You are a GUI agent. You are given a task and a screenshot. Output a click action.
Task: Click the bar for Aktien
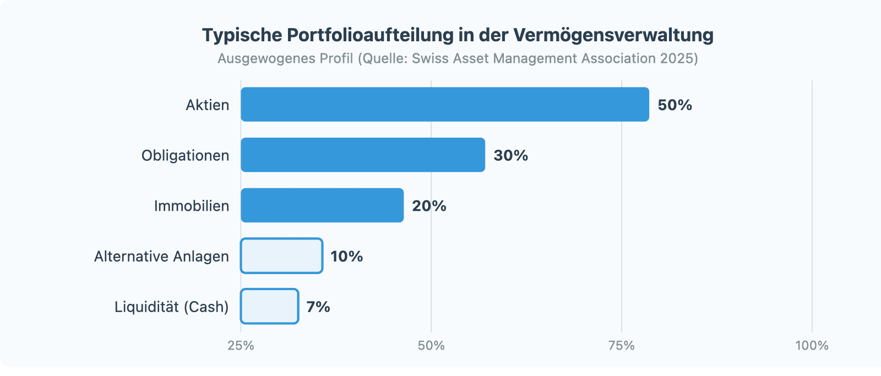pyautogui.click(x=445, y=104)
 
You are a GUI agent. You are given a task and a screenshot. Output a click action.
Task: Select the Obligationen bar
pyautogui.click(x=363, y=155)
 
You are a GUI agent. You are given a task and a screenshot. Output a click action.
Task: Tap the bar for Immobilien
pyautogui.click(x=322, y=205)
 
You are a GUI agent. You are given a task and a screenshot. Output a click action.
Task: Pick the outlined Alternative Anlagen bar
pyautogui.click(x=281, y=256)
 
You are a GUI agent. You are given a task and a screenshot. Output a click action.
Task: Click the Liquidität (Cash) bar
pyautogui.click(x=269, y=307)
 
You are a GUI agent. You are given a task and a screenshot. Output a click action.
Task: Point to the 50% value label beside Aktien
pyautogui.click(x=675, y=105)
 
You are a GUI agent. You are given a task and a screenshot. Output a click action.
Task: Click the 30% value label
pyautogui.click(x=510, y=156)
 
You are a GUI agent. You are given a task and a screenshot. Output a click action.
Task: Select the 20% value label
pyautogui.click(x=429, y=206)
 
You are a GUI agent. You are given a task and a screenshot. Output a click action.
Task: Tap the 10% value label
pyautogui.click(x=346, y=257)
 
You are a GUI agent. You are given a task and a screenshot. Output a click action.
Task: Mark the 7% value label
pyautogui.click(x=318, y=307)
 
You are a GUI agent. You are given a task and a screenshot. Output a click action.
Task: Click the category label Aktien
pyautogui.click(x=207, y=105)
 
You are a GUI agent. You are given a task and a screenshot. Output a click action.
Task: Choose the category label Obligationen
pyautogui.click(x=185, y=156)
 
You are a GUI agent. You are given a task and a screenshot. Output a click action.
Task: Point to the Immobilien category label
pyautogui.click(x=191, y=206)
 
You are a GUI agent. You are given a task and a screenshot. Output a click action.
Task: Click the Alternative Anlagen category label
pyautogui.click(x=161, y=257)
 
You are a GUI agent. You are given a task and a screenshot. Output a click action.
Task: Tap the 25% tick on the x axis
pyautogui.click(x=241, y=346)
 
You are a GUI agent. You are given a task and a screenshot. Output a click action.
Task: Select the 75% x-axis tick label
pyautogui.click(x=621, y=346)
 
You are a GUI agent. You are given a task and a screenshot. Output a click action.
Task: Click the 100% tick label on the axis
pyautogui.click(x=812, y=346)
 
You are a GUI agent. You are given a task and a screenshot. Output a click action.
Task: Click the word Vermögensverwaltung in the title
pyautogui.click(x=613, y=35)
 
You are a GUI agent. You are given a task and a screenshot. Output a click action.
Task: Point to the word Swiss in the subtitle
pyautogui.click(x=429, y=58)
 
